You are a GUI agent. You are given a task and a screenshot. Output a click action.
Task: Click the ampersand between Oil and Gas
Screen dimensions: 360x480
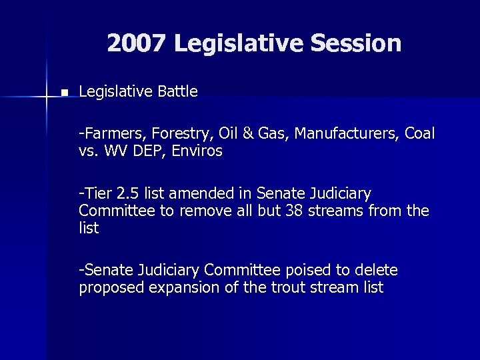[247, 134]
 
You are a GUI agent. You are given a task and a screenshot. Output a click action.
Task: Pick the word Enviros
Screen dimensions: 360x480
[198, 151]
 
